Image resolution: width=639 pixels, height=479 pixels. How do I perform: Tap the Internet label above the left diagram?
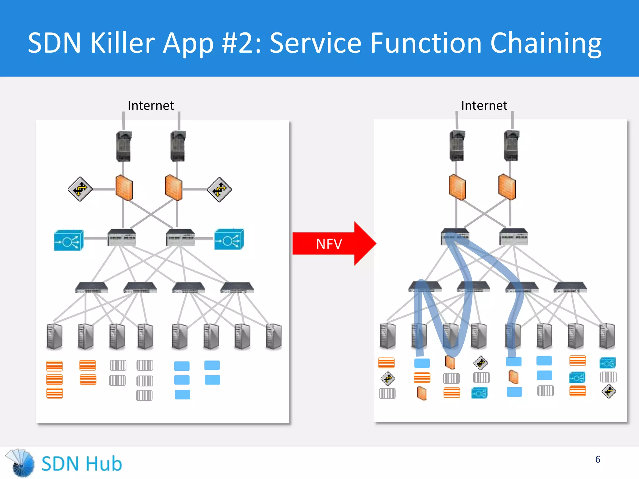(x=151, y=106)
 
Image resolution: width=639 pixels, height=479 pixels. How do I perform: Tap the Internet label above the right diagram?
(x=484, y=106)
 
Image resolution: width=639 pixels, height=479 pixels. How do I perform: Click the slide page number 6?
(x=598, y=459)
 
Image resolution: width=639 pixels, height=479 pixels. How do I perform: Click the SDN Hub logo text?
(x=82, y=464)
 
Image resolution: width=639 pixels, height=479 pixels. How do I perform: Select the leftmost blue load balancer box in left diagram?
(x=69, y=240)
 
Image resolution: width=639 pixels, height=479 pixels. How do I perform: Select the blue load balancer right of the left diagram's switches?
(x=229, y=239)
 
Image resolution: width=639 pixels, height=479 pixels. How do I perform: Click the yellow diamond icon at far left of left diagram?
(x=80, y=189)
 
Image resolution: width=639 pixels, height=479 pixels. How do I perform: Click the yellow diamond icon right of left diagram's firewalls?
(x=219, y=189)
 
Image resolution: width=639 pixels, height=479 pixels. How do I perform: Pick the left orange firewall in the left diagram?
(x=124, y=188)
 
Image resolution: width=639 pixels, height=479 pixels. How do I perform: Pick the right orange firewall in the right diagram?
(x=507, y=187)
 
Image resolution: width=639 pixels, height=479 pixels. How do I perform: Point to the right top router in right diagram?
(x=511, y=146)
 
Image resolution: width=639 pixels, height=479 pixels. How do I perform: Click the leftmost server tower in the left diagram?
(x=54, y=336)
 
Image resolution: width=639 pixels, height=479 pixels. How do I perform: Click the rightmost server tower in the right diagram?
(x=607, y=336)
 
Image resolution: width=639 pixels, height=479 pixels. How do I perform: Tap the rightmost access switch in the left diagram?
(x=237, y=288)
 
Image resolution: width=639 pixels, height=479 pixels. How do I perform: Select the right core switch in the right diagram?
(x=514, y=237)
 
